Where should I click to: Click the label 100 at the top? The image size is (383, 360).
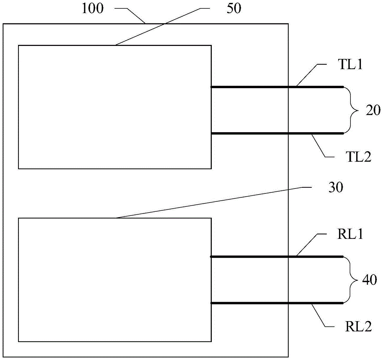(92, 9)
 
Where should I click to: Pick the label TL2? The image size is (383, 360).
(357, 156)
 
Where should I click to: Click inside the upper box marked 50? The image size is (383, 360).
(115, 107)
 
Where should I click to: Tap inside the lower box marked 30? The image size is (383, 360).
(115, 280)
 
